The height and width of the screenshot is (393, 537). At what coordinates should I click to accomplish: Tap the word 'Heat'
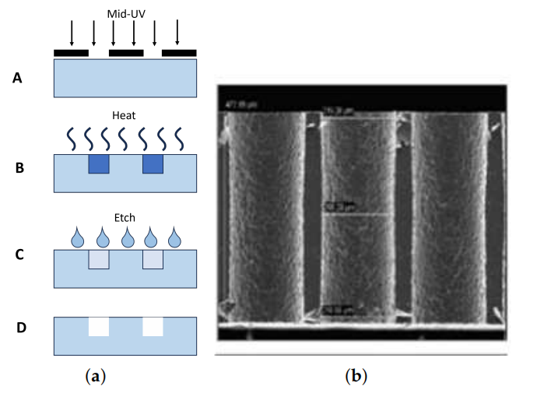(125, 116)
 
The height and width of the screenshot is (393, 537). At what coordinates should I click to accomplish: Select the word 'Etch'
(125, 220)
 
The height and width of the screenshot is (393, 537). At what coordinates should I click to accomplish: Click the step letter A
(17, 78)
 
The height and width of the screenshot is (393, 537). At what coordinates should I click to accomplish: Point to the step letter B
(17, 167)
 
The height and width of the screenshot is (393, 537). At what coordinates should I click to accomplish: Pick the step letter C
(17, 254)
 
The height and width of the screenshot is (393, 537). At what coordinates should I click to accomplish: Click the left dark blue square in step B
(98, 163)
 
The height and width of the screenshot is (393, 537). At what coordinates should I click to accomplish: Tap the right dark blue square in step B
(153, 163)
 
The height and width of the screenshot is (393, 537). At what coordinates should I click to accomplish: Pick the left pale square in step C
(98, 260)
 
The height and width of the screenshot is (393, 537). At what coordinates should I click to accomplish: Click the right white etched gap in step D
(153, 326)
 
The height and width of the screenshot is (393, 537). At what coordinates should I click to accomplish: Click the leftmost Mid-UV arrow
(72, 33)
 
